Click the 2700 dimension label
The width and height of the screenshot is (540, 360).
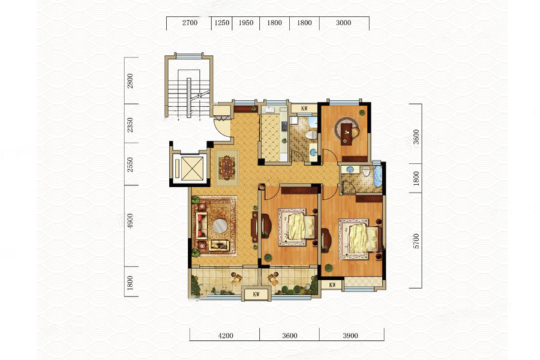click(x=190, y=23)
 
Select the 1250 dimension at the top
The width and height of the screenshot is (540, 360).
click(x=222, y=23)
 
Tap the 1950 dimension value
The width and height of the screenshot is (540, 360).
click(x=245, y=23)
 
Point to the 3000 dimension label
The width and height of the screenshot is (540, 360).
click(x=343, y=23)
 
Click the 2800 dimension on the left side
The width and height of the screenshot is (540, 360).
click(x=130, y=81)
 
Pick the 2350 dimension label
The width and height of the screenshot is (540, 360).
click(x=130, y=125)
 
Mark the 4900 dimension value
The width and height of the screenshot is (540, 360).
click(x=130, y=221)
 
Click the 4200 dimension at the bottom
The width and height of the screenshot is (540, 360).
click(x=225, y=335)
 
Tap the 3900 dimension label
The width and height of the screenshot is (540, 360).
click(x=350, y=335)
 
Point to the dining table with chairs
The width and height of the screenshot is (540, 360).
click(x=227, y=167)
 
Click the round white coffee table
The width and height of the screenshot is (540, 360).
click(x=220, y=226)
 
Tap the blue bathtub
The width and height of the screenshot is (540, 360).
click(x=378, y=177)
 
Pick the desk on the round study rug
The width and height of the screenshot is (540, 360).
click(x=347, y=131)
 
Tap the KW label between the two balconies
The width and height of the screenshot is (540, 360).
click(x=256, y=295)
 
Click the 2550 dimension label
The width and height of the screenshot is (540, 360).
click(x=130, y=165)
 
